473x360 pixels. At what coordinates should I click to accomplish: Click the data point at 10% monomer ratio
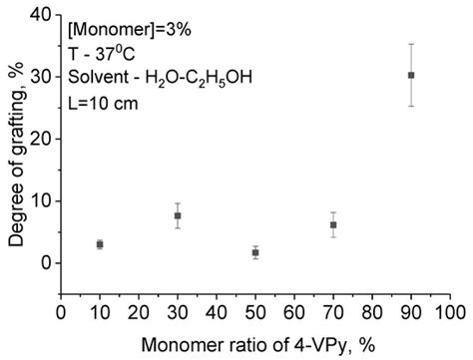[100, 244]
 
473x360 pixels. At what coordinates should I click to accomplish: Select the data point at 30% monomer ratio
[178, 215]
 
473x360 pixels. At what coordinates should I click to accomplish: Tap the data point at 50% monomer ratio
[255, 253]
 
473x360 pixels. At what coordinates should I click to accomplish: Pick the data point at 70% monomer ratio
[333, 225]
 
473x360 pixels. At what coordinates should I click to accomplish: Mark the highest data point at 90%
[411, 75]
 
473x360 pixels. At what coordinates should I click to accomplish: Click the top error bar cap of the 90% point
[411, 44]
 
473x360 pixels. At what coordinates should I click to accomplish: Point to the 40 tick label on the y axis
[43, 14]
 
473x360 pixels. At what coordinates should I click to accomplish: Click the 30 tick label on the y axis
[43, 76]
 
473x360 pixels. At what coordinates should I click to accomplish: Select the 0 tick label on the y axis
[47, 262]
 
